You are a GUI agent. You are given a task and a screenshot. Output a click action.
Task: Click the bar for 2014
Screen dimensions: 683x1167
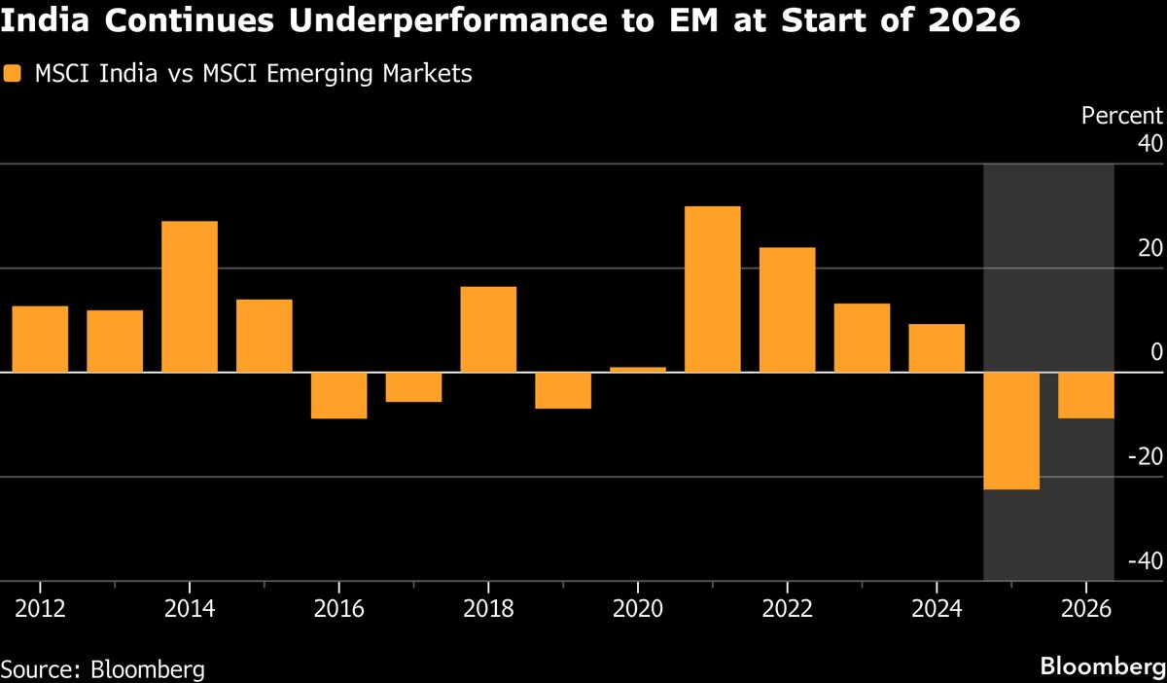point(190,297)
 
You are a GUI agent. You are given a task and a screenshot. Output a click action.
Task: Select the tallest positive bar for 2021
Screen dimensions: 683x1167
point(713,289)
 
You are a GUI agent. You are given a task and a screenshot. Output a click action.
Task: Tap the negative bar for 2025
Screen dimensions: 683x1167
point(1011,431)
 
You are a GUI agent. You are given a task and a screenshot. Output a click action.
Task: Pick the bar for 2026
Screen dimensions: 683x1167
point(1086,396)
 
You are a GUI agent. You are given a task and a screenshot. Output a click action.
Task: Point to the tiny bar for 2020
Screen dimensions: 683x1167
point(638,370)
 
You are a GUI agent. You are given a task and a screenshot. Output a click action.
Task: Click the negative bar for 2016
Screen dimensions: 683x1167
point(339,396)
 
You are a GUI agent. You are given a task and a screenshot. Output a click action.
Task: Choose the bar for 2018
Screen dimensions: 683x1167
point(488,330)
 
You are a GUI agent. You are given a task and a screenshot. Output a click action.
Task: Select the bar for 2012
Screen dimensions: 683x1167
point(40,340)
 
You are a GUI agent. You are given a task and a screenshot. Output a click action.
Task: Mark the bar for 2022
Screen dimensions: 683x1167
point(788,310)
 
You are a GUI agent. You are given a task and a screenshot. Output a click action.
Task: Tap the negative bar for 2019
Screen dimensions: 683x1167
point(563,391)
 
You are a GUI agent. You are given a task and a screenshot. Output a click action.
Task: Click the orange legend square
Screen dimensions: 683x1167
point(12,74)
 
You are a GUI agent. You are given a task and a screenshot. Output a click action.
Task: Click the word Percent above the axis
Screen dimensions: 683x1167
point(1122,116)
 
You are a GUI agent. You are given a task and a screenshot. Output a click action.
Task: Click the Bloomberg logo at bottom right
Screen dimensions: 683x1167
point(1102,667)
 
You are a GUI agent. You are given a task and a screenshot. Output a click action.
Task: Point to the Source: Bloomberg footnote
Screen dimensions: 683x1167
point(103,669)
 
